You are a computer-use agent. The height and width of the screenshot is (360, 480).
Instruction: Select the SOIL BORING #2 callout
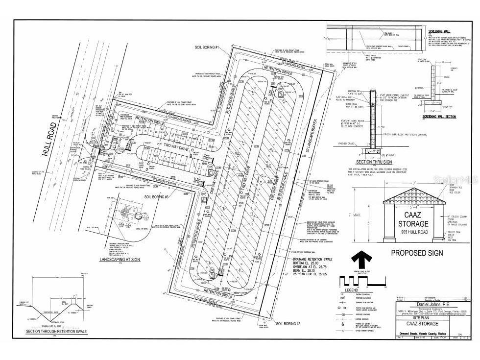[292, 324]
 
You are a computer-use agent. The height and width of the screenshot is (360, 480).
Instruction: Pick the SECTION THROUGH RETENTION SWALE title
[56, 332]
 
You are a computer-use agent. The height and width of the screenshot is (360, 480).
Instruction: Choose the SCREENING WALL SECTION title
[440, 117]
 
